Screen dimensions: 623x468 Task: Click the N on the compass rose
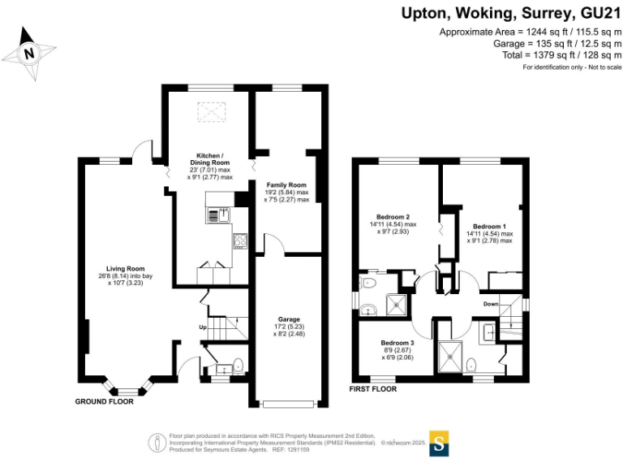[28, 54]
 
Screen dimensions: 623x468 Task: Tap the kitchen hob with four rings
[240, 240]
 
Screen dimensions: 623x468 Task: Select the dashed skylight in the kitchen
[212, 111]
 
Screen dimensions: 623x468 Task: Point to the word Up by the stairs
[203, 327]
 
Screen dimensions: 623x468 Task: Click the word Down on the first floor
[491, 304]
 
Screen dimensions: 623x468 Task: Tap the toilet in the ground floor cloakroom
[238, 366]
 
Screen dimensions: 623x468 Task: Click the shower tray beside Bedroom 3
[450, 357]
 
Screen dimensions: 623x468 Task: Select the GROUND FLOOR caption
[104, 401]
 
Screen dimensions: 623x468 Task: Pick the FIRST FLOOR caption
[372, 389]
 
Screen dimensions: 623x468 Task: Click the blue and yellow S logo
[439, 444]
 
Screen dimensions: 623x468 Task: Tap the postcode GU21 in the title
[600, 14]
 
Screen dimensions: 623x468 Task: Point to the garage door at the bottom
[289, 405]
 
